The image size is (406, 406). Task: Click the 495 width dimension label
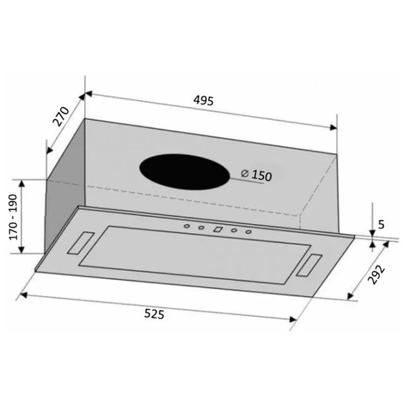204,100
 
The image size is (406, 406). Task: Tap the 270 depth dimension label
61,116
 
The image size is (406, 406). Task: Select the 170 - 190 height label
13,217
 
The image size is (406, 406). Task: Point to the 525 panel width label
154,314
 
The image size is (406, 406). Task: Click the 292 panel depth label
377,275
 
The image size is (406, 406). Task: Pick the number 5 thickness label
381,224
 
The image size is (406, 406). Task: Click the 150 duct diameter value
262,176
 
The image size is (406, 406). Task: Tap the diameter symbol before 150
245,173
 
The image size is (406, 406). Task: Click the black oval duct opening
185,172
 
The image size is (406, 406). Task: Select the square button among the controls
218,229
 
